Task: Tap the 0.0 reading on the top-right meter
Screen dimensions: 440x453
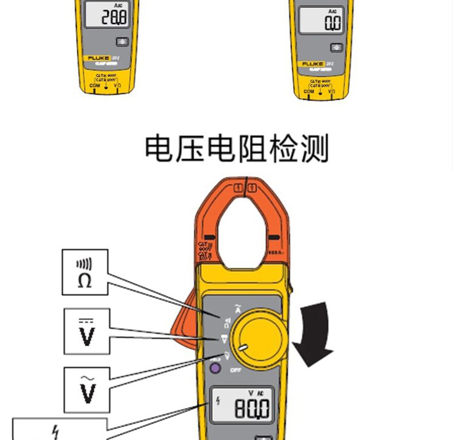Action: (x=332, y=23)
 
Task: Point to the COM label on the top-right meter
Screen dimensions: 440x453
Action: (x=309, y=91)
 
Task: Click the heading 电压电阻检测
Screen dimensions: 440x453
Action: (x=236, y=149)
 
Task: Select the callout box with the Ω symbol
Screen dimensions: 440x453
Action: (x=85, y=272)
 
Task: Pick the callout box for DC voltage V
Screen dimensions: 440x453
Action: (x=87, y=331)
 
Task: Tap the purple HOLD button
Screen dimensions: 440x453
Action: (x=214, y=367)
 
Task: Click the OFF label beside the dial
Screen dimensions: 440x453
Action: (x=236, y=369)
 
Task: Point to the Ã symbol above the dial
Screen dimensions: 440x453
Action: (x=237, y=309)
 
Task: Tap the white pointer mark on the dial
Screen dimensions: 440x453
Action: (x=243, y=347)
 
